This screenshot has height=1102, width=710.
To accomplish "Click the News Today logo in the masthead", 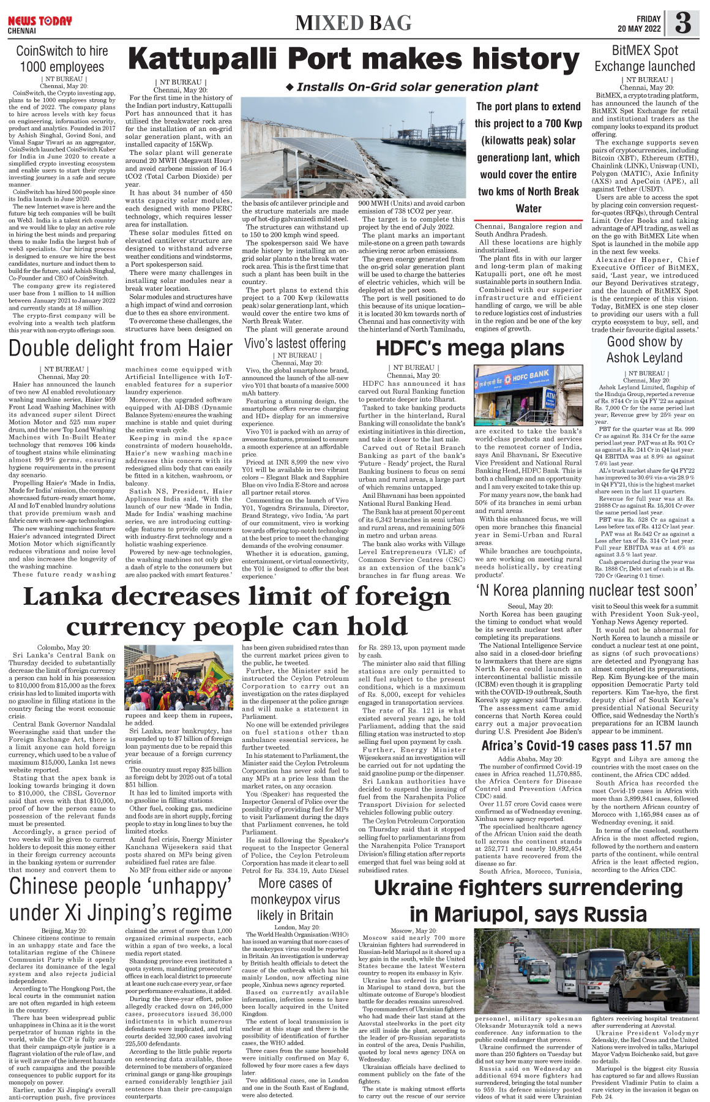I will click(39, 21).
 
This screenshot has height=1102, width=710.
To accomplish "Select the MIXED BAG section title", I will click(353, 23).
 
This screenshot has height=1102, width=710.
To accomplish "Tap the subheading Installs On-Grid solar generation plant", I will click(411, 87).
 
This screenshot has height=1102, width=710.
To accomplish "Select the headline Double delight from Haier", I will click(121, 348).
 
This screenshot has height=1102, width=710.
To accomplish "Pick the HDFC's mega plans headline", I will click(469, 348).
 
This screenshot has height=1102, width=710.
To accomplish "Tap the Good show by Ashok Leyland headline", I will click(644, 350).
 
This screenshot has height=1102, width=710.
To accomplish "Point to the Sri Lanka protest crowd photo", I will click(177, 677).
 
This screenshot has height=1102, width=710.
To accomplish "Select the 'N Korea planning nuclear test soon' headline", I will click(586, 590).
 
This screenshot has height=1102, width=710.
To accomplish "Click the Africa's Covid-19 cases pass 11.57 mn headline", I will click(586, 746).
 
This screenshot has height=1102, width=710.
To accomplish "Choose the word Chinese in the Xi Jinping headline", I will click(54, 886).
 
